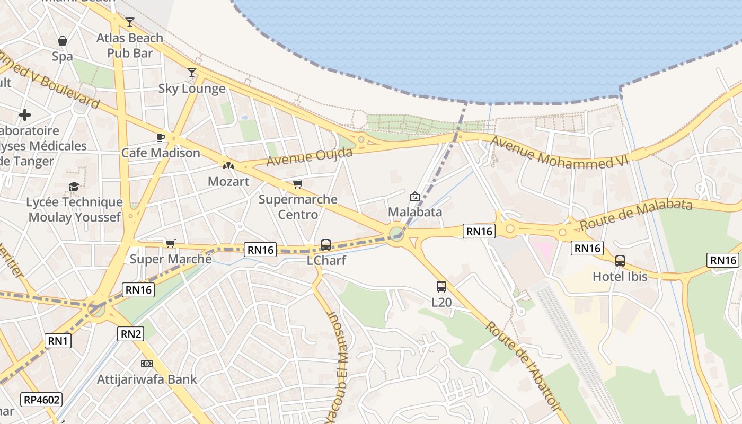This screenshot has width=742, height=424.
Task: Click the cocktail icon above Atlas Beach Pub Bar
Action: click(x=130, y=22)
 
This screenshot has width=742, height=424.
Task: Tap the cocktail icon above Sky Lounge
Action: click(x=192, y=73)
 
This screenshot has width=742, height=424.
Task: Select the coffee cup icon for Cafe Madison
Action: click(x=161, y=137)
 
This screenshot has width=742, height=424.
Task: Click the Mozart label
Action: click(x=228, y=181)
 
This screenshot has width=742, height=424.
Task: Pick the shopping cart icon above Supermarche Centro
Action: click(x=298, y=184)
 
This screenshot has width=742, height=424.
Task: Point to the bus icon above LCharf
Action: click(x=326, y=245)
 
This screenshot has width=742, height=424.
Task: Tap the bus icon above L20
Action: click(x=441, y=287)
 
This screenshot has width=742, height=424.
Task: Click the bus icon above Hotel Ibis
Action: click(x=620, y=261)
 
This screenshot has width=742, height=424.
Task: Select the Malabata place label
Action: click(x=415, y=212)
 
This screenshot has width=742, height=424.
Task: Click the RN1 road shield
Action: click(x=58, y=341)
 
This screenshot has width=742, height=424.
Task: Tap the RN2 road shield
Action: click(x=131, y=333)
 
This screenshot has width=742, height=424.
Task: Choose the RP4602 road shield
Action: click(x=42, y=400)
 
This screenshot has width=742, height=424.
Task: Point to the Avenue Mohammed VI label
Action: click(x=560, y=153)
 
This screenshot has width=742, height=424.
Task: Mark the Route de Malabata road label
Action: click(x=636, y=214)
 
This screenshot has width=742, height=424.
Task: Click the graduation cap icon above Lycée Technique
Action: click(x=74, y=187)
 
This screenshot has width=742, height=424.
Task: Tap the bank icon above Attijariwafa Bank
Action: click(x=147, y=364)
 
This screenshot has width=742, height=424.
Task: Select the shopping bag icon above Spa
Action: click(x=63, y=41)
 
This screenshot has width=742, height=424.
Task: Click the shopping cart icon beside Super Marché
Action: click(x=170, y=243)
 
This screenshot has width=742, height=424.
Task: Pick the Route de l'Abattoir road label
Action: click(x=523, y=366)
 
